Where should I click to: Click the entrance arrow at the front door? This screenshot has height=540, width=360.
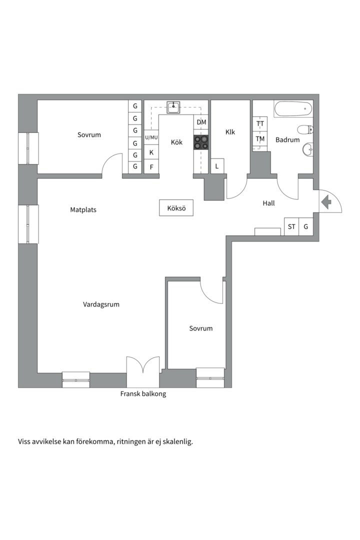[326, 202]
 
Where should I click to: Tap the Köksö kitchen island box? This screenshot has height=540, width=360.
[176, 208]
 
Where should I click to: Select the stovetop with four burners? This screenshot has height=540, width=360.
[201, 142]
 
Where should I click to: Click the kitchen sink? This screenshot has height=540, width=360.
[173, 107]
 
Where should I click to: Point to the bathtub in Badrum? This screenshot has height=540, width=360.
[293, 109]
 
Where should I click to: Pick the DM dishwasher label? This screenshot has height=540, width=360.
[201, 122]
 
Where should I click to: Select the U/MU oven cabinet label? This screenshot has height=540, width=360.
[151, 137]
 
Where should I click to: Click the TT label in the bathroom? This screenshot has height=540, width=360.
[260, 123]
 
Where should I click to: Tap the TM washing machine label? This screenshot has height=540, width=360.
[260, 139]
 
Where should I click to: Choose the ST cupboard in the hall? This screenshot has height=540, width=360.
[291, 226]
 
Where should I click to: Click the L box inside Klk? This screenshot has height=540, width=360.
[217, 166]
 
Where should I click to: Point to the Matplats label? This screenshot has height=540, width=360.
[83, 209]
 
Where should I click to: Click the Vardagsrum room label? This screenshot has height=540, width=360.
[101, 304]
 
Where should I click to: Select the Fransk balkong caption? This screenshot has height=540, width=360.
[143, 393]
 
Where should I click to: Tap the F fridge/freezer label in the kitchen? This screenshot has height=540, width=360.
[151, 167]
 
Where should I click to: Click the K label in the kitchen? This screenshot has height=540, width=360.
[151, 152]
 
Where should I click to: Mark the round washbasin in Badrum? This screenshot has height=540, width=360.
[307, 149]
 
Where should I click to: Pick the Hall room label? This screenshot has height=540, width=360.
[268, 203]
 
